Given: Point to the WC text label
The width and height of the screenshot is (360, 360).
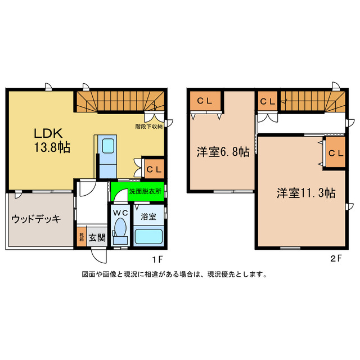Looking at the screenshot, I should coord(120,213).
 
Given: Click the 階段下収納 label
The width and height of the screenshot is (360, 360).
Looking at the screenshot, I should coord(149,127).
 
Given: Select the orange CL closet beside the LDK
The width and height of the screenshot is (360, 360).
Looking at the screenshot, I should coord(154,168).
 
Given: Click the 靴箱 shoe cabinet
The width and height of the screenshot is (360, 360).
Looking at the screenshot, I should coord(82,237).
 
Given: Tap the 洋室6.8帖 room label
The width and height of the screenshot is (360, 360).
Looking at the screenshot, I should coord(223,151).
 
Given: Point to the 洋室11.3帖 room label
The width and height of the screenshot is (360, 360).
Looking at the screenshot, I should coord(305,193).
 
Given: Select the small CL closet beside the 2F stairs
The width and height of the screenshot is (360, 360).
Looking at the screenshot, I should coord(267,102).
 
